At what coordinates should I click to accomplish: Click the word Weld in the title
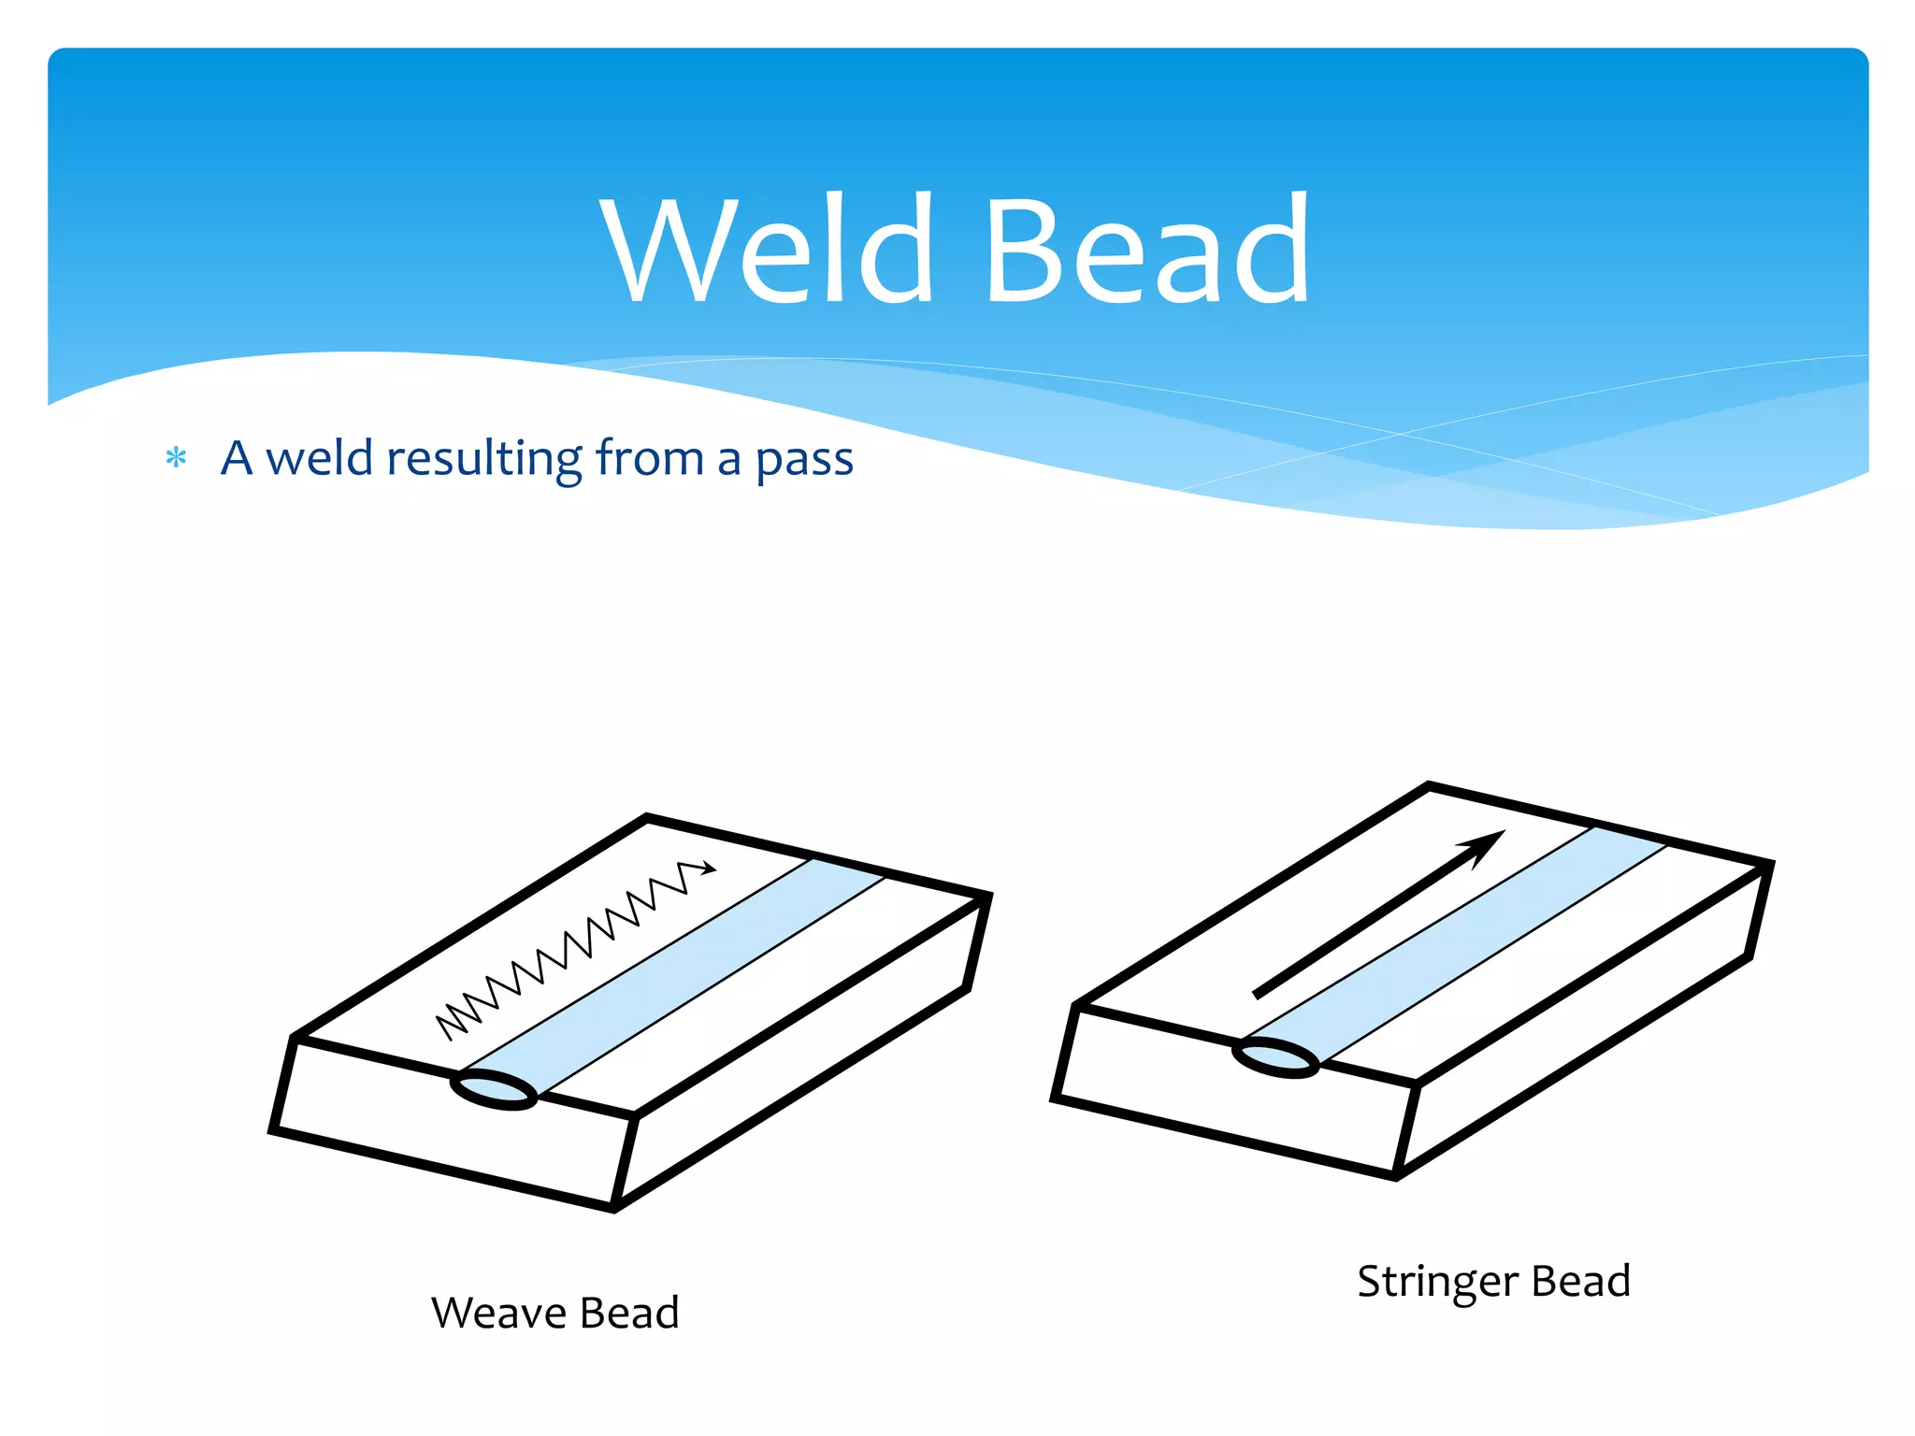[767, 249]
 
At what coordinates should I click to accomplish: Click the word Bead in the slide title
[1146, 249]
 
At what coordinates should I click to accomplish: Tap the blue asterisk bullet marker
[176, 458]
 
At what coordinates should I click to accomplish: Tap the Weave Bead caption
[554, 1313]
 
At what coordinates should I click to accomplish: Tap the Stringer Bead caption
[1493, 1281]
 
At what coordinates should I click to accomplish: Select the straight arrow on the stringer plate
[1375, 916]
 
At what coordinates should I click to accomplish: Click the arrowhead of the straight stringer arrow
[1484, 845]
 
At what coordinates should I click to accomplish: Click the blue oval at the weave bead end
[494, 1090]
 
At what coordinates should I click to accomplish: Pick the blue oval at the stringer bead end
[1275, 1057]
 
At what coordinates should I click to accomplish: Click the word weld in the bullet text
[319, 458]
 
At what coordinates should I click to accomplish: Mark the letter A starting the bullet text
[237, 458]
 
